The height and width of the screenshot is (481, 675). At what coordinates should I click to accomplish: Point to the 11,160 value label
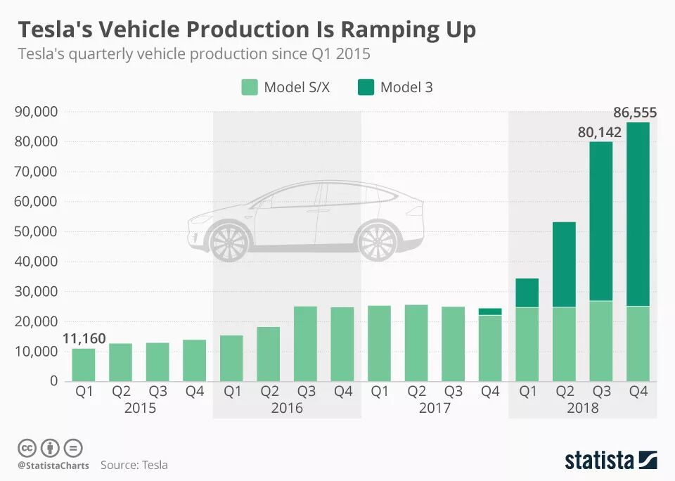84,339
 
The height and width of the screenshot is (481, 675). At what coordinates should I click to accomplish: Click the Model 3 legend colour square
366,87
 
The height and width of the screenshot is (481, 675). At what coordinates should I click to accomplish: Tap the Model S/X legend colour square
250,87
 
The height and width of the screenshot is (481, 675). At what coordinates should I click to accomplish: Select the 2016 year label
286,408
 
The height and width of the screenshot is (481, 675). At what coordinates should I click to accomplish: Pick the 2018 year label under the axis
582,408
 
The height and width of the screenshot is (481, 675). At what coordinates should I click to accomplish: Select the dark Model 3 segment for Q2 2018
564,264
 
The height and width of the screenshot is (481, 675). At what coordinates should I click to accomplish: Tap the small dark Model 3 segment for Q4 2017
490,312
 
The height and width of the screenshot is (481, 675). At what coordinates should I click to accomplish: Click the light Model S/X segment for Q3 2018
600,341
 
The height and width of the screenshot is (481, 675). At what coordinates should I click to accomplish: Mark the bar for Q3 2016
305,344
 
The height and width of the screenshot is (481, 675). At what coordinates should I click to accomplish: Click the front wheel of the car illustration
229,240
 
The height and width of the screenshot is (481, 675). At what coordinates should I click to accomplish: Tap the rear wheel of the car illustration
378,240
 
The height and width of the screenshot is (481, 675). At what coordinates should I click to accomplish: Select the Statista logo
610,461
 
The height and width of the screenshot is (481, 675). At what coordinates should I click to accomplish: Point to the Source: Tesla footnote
134,465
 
